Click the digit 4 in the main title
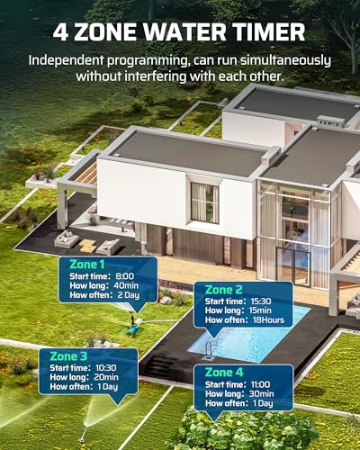tap(60, 32)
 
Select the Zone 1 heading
tap(87, 265)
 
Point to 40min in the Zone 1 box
tap(126, 285)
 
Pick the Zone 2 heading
tap(223, 290)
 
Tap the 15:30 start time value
tap(261, 301)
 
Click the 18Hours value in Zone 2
tap(268, 319)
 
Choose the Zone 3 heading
tap(68, 356)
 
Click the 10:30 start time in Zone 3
tap(106, 368)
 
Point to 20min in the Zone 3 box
tap(106, 377)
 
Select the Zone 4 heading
tap(224, 373)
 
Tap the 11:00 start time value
tap(260, 384)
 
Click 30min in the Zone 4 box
tap(261, 393)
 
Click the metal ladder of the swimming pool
tap(209, 350)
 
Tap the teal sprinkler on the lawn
tap(134, 328)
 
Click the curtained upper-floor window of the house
tap(204, 202)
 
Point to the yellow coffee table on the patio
tap(87, 246)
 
